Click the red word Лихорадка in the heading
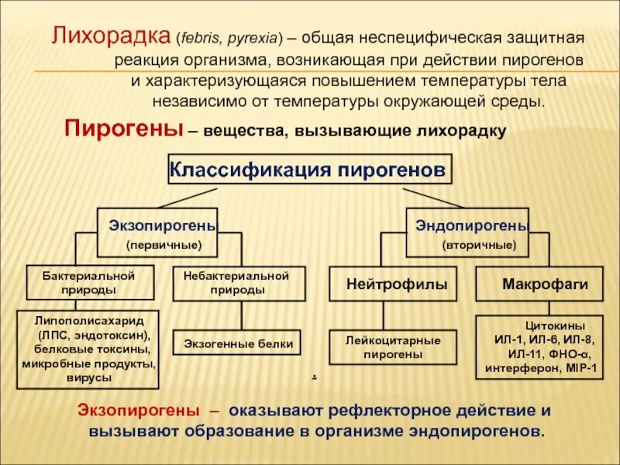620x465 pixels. pyautogui.click(x=112, y=36)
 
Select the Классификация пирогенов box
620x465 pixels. pyautogui.click(x=308, y=169)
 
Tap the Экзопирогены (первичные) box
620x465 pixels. pyautogui.click(x=157, y=232)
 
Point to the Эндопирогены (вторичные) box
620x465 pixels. pyautogui.click(x=467, y=232)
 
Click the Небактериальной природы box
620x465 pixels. pyautogui.click(x=239, y=283)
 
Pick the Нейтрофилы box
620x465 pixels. pyautogui.click(x=398, y=284)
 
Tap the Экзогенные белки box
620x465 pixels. pyautogui.click(x=239, y=343)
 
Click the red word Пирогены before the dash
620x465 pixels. pyautogui.click(x=123, y=129)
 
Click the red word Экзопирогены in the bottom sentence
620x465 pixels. pyautogui.click(x=137, y=411)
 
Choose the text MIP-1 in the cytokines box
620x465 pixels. pyautogui.click(x=582, y=367)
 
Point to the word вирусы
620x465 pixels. pyautogui.click(x=89, y=377)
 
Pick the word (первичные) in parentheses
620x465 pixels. pyautogui.click(x=164, y=245)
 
